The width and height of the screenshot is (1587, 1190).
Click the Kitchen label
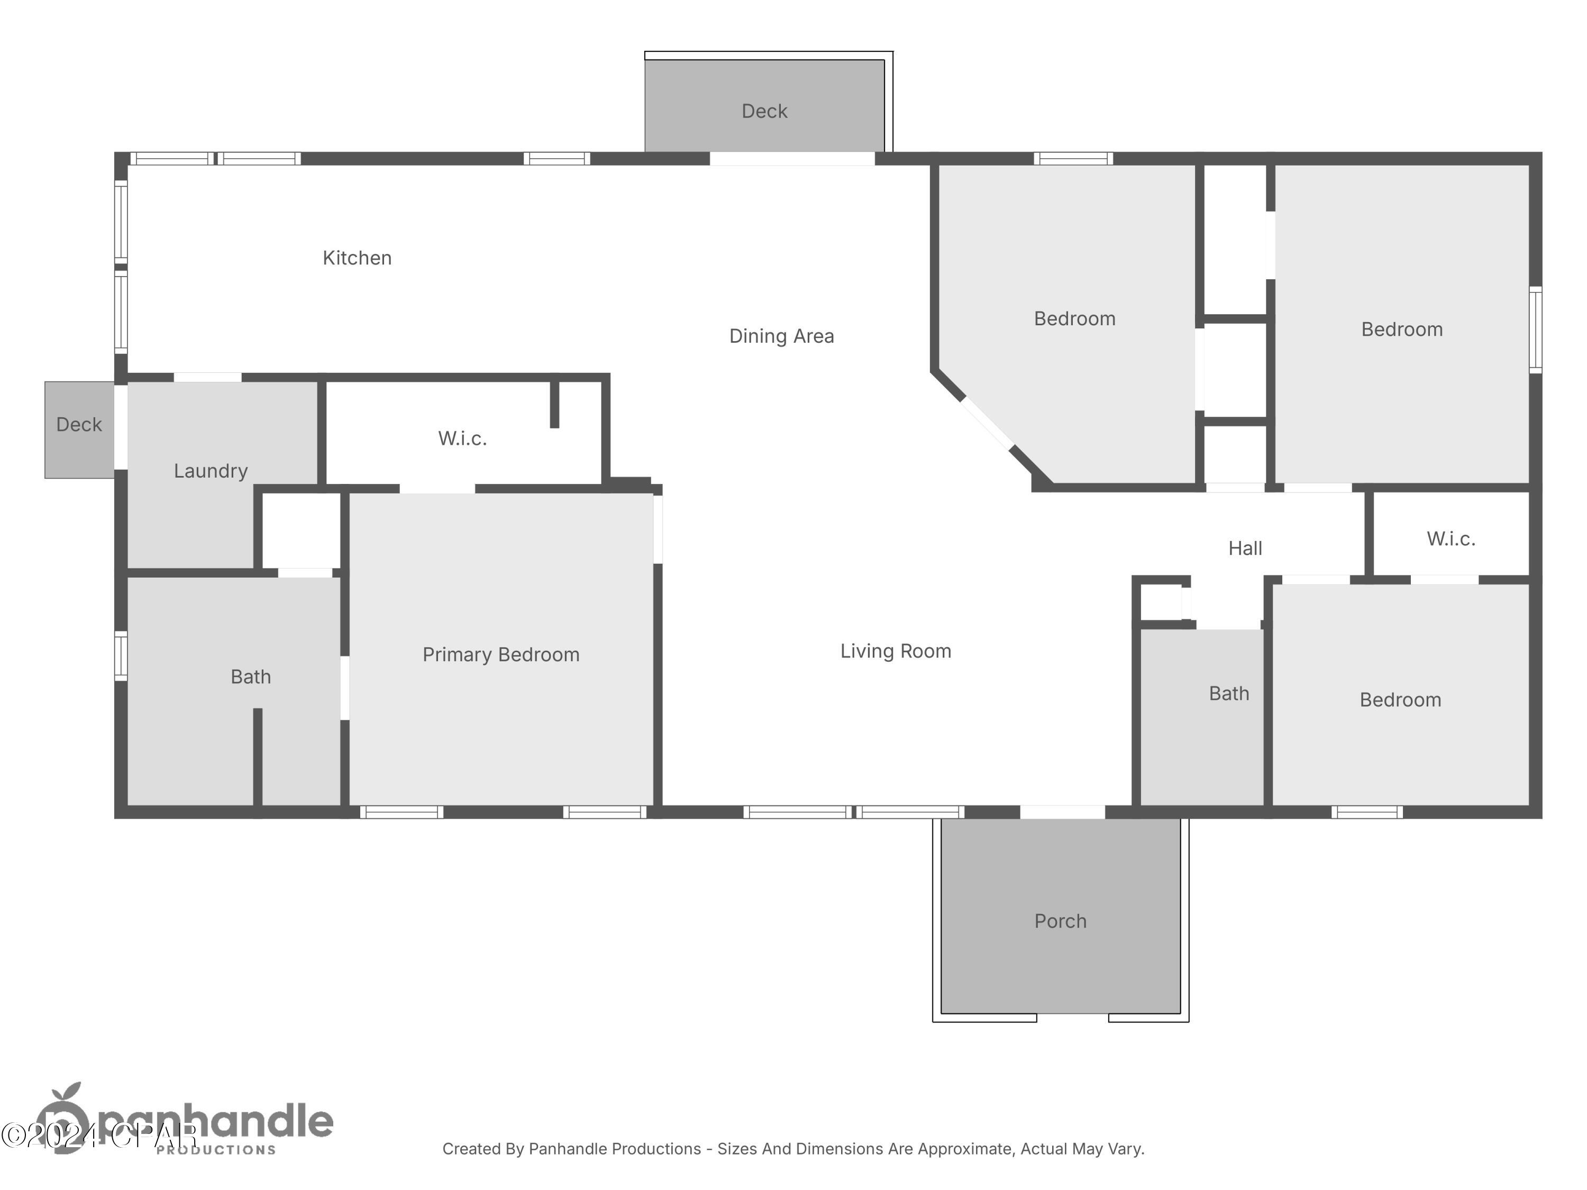[357, 258]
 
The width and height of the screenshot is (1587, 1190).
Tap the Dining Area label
[781, 336]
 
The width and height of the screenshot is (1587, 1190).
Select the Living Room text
[896, 651]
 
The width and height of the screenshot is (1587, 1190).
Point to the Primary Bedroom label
[501, 655]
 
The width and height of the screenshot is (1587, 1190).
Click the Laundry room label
[210, 471]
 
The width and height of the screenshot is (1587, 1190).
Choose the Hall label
[1245, 549]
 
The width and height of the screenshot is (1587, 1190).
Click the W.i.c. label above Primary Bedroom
[463, 438]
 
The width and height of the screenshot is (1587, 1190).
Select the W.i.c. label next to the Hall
[1451, 539]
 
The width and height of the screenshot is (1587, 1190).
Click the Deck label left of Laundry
[79, 425]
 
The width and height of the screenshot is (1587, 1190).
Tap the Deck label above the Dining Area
[764, 111]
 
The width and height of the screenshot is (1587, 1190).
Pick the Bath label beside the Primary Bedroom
[250, 677]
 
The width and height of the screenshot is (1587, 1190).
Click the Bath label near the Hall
[1228, 693]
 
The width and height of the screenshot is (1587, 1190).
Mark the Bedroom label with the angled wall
[1074, 319]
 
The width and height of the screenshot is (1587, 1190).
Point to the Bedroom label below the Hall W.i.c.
[1400, 700]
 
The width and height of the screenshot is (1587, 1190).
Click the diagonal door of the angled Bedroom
[987, 423]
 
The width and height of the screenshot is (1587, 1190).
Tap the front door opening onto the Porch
[1062, 812]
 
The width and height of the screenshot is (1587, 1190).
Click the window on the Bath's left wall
[121, 656]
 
